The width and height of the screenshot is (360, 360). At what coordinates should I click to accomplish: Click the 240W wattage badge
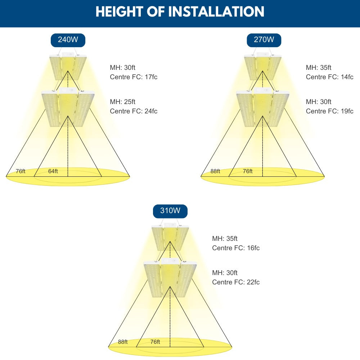pos(68,40)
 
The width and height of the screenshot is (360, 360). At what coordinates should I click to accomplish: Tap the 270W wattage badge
pos(264,40)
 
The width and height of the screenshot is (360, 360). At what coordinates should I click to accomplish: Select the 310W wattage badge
pos(170,211)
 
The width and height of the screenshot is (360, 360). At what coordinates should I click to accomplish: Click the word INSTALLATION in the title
pos(216,12)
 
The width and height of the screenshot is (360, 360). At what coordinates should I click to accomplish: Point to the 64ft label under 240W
pos(53,171)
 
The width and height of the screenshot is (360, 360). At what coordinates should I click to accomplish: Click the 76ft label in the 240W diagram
pos(21,171)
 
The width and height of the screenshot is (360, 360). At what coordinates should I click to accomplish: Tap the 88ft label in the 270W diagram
pos(215,171)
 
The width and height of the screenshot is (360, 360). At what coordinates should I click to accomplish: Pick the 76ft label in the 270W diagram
pos(248,171)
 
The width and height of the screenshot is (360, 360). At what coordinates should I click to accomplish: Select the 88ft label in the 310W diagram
pos(123,342)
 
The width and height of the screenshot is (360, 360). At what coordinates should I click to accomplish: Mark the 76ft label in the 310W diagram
pos(155,342)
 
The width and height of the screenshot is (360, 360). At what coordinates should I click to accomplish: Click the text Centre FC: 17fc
pos(134,77)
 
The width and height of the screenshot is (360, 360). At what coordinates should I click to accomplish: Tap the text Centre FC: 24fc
pos(134,111)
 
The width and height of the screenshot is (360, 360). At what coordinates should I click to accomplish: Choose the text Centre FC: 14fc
pos(329,77)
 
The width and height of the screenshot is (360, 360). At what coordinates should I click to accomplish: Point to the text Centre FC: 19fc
pos(329,111)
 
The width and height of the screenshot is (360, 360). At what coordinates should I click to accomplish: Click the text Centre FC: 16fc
pos(236,248)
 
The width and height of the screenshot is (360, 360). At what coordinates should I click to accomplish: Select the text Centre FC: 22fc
pos(236,282)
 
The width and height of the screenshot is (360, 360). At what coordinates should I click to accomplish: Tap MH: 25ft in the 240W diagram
pos(123,102)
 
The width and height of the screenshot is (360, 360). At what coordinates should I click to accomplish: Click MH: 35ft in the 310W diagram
pos(225,239)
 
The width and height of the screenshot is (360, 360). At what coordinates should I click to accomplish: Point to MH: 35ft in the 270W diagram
pos(319,68)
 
